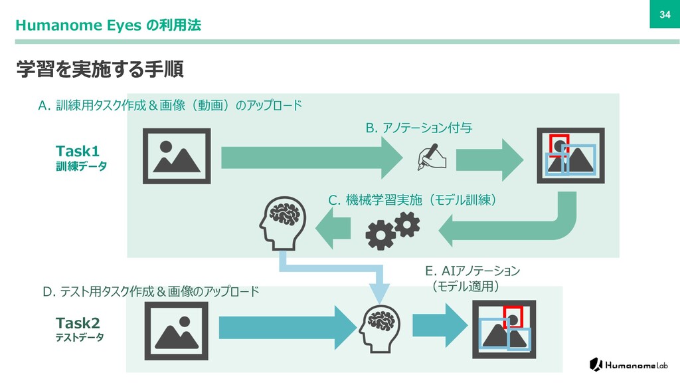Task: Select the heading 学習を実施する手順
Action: [100, 68]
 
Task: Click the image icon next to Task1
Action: [177, 156]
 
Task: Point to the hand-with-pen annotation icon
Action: [432, 158]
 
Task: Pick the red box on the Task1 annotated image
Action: [558, 143]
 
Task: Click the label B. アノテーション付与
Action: [419, 128]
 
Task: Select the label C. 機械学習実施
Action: [413, 199]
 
